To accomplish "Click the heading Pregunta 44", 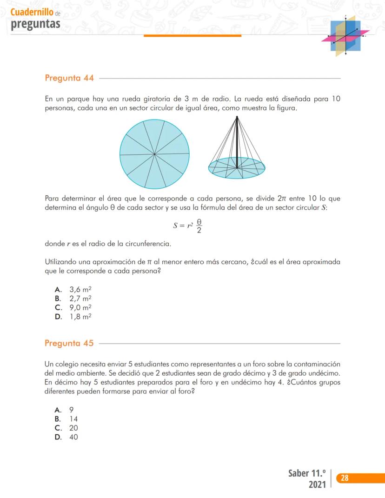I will (x=69, y=78).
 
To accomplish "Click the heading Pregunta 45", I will (x=69, y=344).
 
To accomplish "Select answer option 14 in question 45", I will (x=73, y=419).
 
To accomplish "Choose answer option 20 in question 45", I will (x=73, y=428).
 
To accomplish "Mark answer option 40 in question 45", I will (x=73, y=438).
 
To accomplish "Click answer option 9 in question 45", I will (x=72, y=410).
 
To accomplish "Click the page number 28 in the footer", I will (x=345, y=478).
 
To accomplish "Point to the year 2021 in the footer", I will (x=317, y=485).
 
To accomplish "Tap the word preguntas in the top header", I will (x=36, y=24).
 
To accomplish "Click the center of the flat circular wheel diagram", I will (x=154, y=154).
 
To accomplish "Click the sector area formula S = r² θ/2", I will (x=188, y=226).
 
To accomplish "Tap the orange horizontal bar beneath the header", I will (x=192, y=35).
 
